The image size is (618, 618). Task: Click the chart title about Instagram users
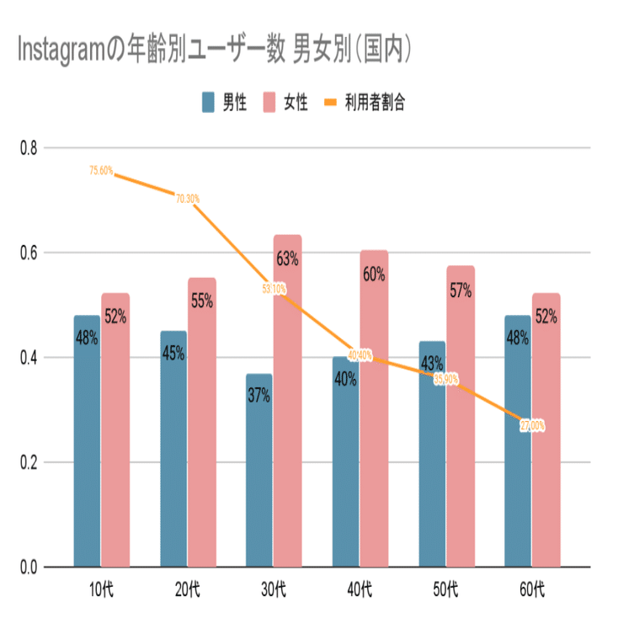click(216, 51)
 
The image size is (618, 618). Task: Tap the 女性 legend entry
click(286, 104)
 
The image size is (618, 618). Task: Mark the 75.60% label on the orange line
click(101, 171)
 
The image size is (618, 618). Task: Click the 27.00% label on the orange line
click(532, 426)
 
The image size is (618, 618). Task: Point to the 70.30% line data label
click(188, 199)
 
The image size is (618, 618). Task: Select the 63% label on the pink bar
click(287, 258)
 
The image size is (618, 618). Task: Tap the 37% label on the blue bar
click(258, 396)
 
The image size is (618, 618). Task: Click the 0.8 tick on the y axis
click(28, 148)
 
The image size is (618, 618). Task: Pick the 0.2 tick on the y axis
click(28, 462)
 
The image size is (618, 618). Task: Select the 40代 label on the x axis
click(360, 586)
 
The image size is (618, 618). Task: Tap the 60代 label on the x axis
click(532, 586)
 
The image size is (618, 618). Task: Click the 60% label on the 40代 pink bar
click(374, 274)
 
